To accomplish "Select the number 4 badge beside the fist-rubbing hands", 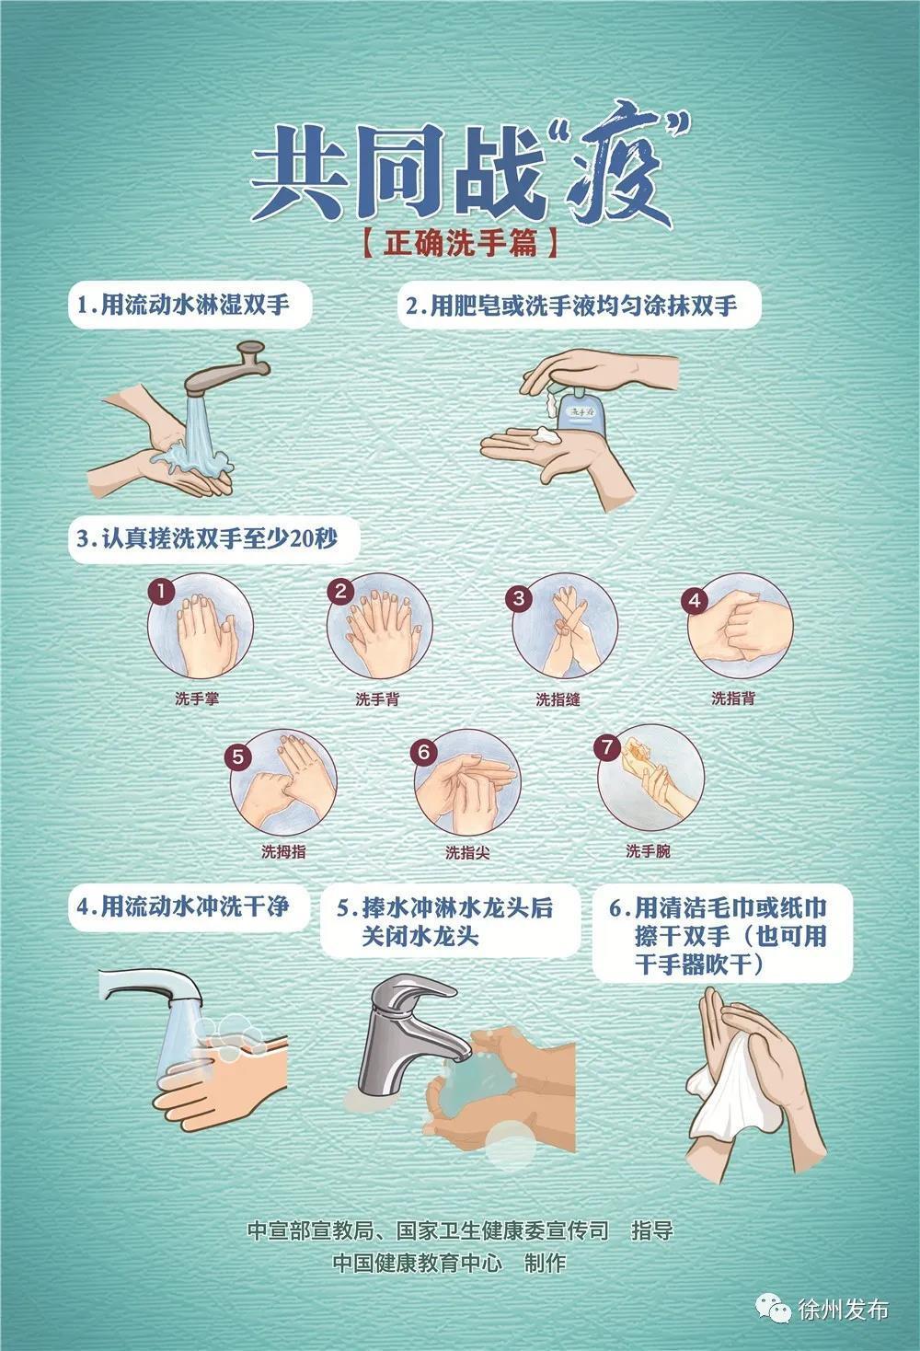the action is click(x=695, y=601).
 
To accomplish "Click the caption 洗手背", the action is click(x=377, y=699).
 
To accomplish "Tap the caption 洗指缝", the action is click(x=558, y=699).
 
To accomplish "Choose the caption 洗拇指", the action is click(x=283, y=851).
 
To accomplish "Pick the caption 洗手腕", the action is click(x=648, y=851).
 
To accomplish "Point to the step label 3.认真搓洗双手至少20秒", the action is click(x=207, y=538).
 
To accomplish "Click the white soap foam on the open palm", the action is click(x=546, y=434).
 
